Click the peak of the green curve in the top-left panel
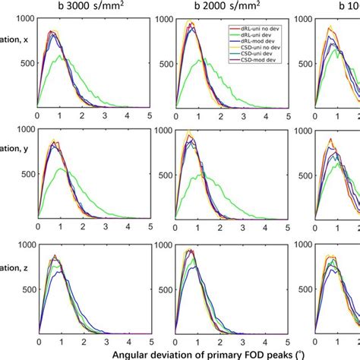pyautogui.click(x=60, y=55)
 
